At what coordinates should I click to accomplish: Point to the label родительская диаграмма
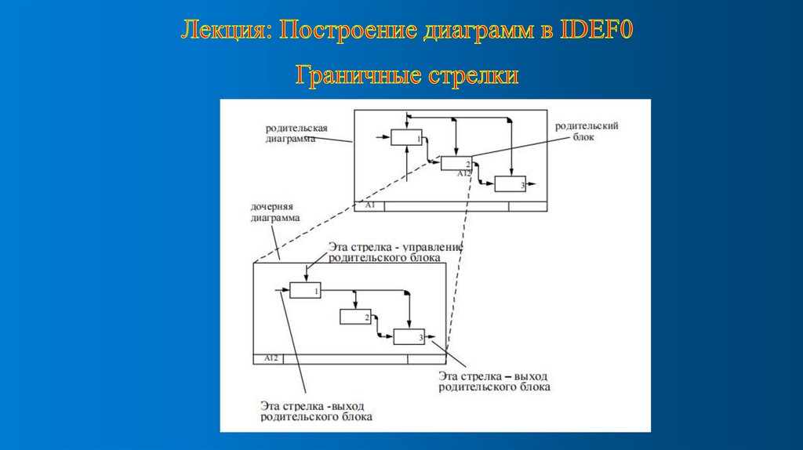pos(296,132)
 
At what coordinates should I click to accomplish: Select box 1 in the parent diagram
pos(406,137)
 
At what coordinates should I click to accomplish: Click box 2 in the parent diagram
pos(456,163)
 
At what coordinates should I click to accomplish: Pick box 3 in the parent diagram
pos(510,184)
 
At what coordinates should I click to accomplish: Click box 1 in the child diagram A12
pos(306,290)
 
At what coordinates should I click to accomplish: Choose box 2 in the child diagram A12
pos(355,317)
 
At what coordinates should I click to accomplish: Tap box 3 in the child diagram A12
pos(409,337)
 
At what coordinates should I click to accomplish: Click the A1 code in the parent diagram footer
pos(371,205)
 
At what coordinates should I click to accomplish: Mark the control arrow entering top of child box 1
pos(306,271)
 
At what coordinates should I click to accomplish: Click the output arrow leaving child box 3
pos(431,338)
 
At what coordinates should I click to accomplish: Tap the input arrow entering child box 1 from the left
pos(283,290)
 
